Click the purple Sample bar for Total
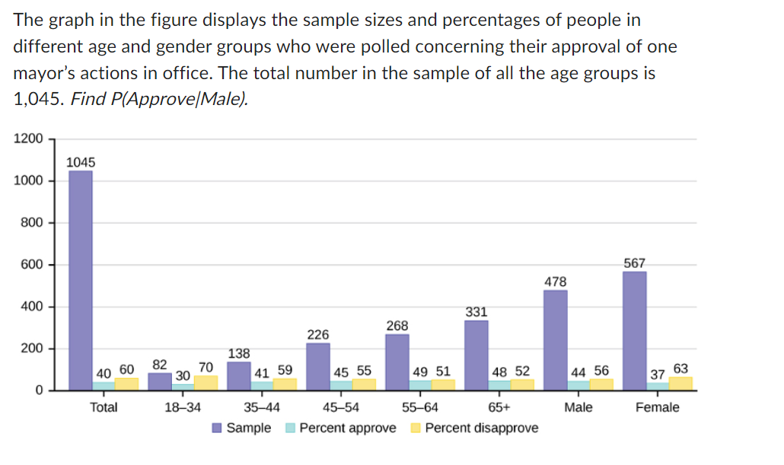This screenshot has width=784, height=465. point(81,279)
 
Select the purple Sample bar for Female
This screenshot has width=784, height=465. point(634,330)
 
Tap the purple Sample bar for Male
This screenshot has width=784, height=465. point(556,339)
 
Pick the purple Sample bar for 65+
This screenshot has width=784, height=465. point(476,355)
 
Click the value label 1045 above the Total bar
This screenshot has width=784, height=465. point(81,162)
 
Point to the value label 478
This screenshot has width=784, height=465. point(556,282)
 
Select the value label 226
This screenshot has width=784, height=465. point(318,335)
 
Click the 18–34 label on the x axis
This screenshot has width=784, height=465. point(183,407)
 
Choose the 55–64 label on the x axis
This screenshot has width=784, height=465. point(420,407)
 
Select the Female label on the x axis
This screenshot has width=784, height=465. point(658,407)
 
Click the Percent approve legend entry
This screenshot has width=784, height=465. point(347,428)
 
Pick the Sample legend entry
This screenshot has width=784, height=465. point(248,428)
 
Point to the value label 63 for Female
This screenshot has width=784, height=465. point(680,369)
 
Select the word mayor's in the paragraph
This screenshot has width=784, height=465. point(47,74)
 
